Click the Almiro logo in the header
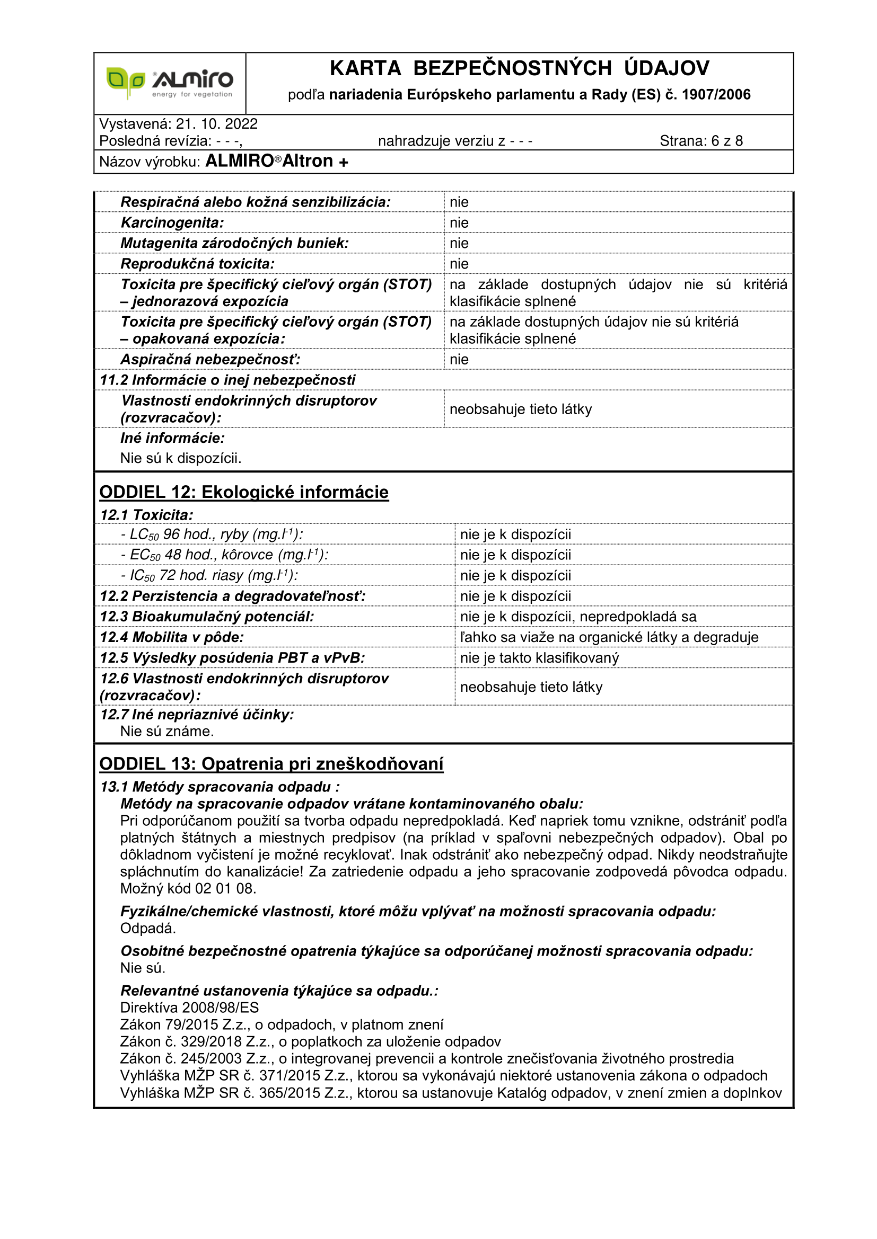click(x=170, y=83)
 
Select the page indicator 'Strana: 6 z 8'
click(x=701, y=141)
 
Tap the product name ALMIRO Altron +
click(x=276, y=162)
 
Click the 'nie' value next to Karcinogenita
click(x=459, y=223)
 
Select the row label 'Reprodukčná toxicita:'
click(x=197, y=264)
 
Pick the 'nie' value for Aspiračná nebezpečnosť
click(x=459, y=359)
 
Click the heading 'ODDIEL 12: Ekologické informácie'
click(x=243, y=492)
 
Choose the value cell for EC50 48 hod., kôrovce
click(x=515, y=555)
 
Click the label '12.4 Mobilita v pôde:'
click(x=172, y=637)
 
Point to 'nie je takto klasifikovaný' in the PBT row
click(x=539, y=658)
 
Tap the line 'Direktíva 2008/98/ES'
click(x=189, y=1008)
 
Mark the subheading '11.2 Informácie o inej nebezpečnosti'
click(x=227, y=380)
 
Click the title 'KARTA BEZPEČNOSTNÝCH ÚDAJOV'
click(x=519, y=68)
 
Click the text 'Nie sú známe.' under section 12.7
click(x=167, y=731)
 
